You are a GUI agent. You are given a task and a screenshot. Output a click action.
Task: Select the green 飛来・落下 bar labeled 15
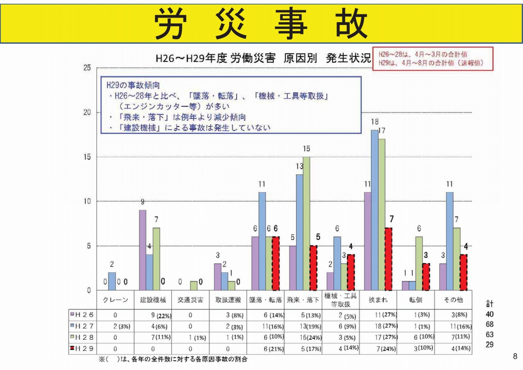306,223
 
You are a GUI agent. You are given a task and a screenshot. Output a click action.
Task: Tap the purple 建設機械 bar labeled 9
143,250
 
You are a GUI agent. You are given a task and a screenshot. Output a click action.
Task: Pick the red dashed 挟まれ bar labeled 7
388,259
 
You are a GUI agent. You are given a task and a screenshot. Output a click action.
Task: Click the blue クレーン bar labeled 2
112,281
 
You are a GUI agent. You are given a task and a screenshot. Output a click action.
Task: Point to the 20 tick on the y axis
87,113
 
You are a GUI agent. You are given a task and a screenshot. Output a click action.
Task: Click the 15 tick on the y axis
87,157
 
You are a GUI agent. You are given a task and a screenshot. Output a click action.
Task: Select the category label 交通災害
190,300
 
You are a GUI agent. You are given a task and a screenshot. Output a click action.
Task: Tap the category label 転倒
416,300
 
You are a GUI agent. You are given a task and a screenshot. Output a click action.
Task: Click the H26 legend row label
84,315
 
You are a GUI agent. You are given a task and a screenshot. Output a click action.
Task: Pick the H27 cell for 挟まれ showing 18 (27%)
378,326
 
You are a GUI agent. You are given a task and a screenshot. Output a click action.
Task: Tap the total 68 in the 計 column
489,324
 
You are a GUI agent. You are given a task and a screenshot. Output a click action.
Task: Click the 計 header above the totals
489,304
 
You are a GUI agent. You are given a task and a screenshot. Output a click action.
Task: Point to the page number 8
515,356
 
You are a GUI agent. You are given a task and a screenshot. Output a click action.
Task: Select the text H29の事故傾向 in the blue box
127,86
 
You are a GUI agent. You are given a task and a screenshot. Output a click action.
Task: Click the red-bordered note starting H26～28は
433,59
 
